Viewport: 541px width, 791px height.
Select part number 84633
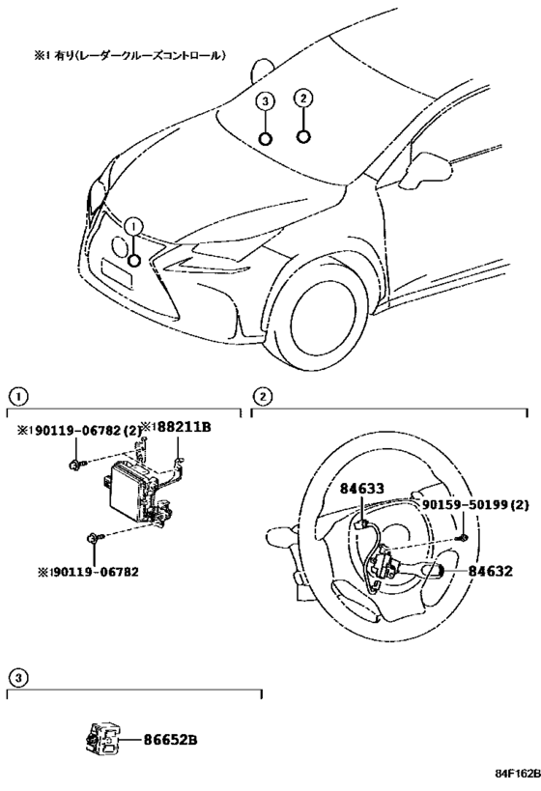point(361,491)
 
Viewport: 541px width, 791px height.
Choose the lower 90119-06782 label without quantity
point(81,571)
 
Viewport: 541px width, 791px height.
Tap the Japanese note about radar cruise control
point(130,57)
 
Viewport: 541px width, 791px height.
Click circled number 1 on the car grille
point(133,225)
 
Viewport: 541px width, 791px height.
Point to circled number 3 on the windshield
point(266,101)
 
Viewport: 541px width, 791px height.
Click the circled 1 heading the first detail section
point(16,395)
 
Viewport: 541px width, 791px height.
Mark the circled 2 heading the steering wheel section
point(261,395)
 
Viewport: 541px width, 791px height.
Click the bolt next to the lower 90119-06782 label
point(92,537)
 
